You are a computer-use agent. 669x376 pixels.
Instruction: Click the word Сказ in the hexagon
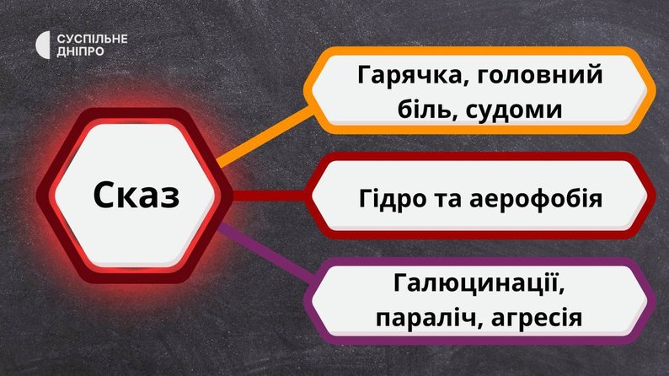click(x=136, y=195)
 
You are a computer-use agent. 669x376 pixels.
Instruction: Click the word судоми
click(x=514, y=110)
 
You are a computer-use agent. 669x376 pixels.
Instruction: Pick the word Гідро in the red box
click(x=393, y=199)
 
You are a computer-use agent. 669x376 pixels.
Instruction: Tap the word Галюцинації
click(x=479, y=283)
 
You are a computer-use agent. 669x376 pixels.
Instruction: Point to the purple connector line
click(x=267, y=253)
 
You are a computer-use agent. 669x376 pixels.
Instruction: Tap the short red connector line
click(x=269, y=196)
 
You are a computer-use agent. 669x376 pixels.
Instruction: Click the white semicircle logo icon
click(x=42, y=45)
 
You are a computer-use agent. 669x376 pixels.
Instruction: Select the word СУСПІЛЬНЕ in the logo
click(x=92, y=39)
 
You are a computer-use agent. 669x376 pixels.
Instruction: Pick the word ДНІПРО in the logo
click(x=80, y=51)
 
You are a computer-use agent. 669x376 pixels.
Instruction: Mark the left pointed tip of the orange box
click(x=303, y=90)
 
